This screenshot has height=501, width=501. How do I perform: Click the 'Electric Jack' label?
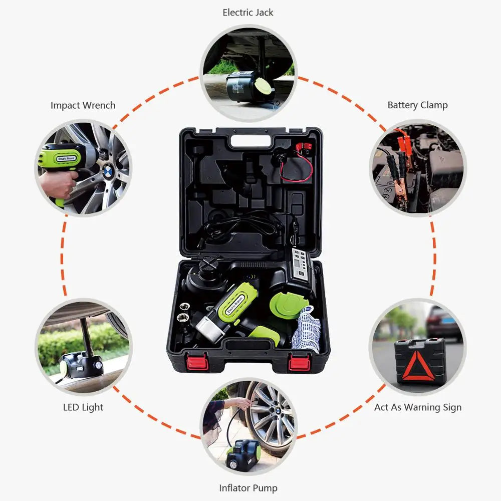[x=248, y=13]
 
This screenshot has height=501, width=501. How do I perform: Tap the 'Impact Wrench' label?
[x=83, y=105]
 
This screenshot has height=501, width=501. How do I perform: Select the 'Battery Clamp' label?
[x=417, y=105]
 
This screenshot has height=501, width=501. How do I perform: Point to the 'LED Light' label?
[x=83, y=407]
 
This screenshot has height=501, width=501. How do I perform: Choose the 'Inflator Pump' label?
[x=248, y=487]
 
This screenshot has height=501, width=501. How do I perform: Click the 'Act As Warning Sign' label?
[x=418, y=407]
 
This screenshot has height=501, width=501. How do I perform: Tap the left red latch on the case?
[x=197, y=362]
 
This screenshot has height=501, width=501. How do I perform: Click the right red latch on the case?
[x=299, y=362]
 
